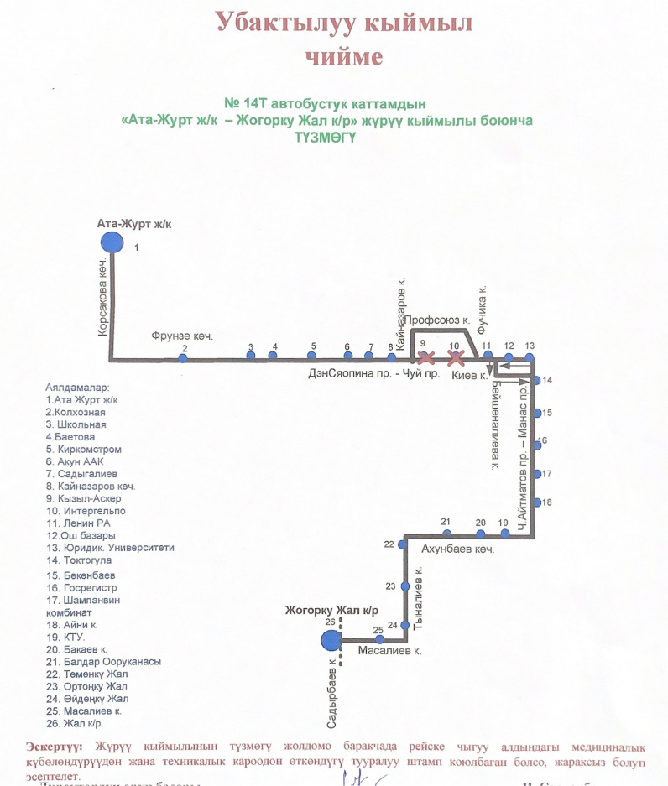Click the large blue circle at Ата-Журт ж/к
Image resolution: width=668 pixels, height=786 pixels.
pos(111,242)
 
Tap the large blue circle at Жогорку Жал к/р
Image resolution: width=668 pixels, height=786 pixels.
pos(331,641)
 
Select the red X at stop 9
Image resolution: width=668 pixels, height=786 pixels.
pos(425,358)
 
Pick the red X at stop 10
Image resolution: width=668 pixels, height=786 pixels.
pos(456,358)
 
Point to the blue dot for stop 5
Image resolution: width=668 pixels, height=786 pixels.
pos(313,357)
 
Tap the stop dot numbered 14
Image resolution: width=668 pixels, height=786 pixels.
pos(537,381)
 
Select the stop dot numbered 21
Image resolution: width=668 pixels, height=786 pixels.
pos(446,534)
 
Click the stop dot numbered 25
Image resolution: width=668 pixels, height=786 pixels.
pos(378,640)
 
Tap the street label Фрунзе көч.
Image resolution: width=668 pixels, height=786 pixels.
pos(182,336)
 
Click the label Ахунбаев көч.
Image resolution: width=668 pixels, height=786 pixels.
pos(457,550)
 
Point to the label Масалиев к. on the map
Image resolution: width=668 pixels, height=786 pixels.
pos(389,650)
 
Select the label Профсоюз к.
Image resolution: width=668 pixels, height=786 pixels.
pos(438,320)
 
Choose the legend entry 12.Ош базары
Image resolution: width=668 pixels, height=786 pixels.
pos(81,535)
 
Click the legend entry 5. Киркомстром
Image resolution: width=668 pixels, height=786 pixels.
pos(84,450)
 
